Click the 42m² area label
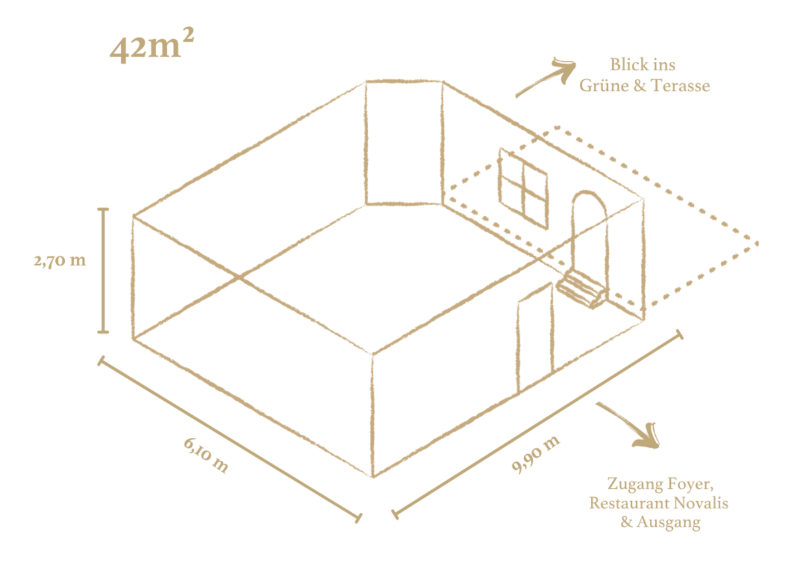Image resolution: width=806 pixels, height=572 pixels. pos(152,46)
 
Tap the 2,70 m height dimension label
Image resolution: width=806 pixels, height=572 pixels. pos(60,260)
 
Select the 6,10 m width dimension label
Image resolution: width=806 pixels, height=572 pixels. pos(206,455)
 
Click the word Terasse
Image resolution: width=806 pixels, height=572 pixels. pos(681,86)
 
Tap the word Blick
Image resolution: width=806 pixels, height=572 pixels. pos(627,65)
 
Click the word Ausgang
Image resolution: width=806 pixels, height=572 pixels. pos(669,523)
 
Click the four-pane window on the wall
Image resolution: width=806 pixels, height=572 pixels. pos(524,188)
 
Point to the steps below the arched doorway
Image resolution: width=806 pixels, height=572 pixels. pos(580,290)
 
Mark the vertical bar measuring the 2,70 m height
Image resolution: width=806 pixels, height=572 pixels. pos(103,271)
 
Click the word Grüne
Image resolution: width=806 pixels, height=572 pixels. pos(604,86)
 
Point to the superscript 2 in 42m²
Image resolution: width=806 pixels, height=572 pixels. pos(188,36)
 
